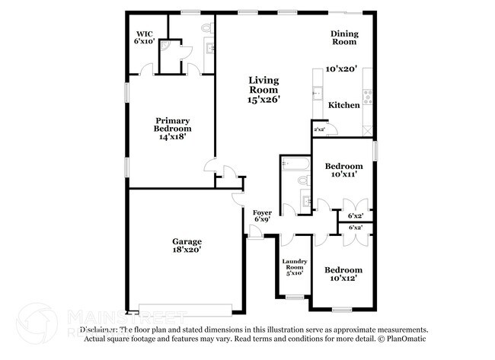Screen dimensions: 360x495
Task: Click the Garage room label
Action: (186, 241)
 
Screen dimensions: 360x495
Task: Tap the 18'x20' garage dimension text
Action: (186, 250)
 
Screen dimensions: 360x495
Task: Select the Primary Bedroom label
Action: (173, 121)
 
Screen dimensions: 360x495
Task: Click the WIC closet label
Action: (145, 33)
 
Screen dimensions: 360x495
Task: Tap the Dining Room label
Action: (343, 38)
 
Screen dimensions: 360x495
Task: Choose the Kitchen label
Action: (343, 105)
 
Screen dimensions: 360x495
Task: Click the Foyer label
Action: (261, 212)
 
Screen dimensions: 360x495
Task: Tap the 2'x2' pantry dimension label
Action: (319, 130)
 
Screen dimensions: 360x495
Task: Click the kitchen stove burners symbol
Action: (368, 95)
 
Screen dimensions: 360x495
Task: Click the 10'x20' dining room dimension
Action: (341, 68)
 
